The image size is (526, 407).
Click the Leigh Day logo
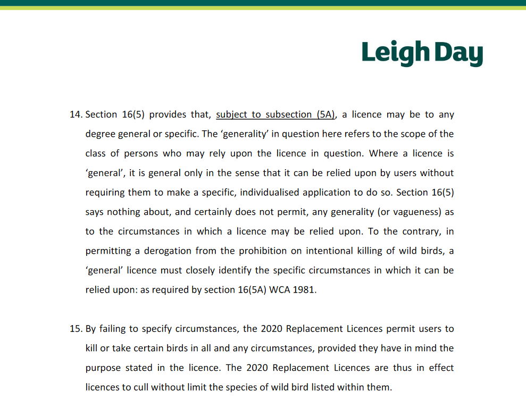click(x=422, y=53)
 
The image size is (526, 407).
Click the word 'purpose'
click(x=102, y=368)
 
